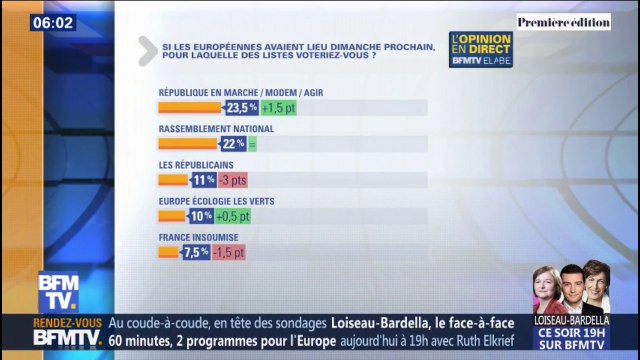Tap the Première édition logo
(x=564, y=21)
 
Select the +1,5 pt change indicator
(x=279, y=107)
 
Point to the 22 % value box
(x=233, y=143)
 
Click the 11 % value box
(x=203, y=180)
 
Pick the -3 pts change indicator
(x=232, y=180)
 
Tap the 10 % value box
(x=200, y=216)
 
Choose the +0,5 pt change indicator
(x=232, y=216)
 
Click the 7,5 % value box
(x=196, y=252)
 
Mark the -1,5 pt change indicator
(x=228, y=252)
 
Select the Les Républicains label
(x=196, y=164)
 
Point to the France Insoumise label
(x=199, y=237)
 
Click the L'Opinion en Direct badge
(x=481, y=50)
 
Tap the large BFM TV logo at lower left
(x=58, y=292)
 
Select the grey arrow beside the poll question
(x=147, y=50)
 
